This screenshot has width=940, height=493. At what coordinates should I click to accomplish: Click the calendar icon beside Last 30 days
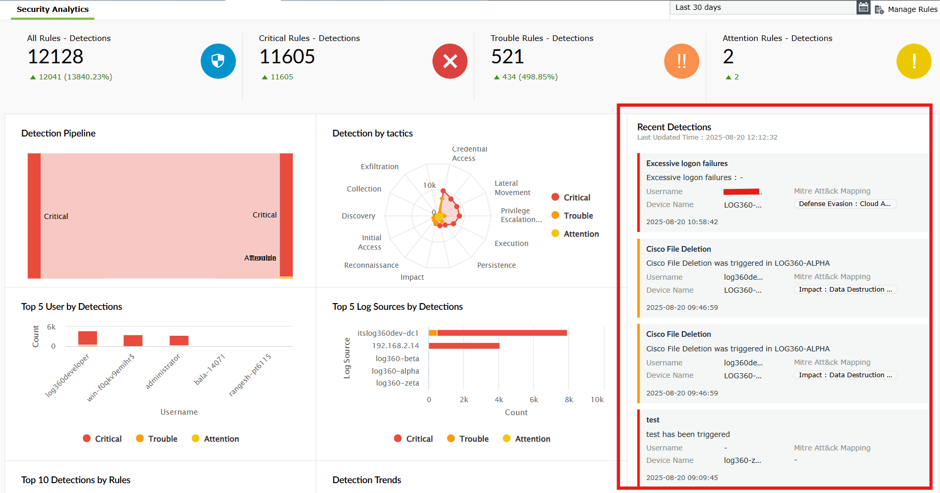863,7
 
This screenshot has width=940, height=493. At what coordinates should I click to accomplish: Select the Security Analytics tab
52,9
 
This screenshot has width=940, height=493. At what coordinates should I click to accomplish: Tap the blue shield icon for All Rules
218,61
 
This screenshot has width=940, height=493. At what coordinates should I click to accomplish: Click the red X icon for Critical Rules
450,61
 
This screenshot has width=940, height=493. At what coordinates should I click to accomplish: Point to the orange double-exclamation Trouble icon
682,61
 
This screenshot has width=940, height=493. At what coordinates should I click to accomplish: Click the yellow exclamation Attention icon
914,61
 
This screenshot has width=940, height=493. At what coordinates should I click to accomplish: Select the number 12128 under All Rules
55,57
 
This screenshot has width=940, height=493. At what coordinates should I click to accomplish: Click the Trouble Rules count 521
508,57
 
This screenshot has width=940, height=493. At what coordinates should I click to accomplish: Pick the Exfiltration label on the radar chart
380,167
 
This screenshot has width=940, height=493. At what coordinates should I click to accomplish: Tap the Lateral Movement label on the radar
512,188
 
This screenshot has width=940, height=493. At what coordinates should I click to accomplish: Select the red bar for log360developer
88,337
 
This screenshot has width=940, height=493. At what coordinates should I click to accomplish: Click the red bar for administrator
179,340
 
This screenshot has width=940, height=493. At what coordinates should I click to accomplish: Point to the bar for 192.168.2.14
464,346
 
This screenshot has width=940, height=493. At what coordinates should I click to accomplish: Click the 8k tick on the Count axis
569,400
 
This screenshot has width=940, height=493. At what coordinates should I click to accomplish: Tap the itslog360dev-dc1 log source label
388,333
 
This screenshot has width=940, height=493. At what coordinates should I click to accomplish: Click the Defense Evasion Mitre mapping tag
845,204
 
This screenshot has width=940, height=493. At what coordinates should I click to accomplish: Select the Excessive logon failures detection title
687,163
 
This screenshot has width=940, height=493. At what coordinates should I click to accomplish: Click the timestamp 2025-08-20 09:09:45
682,477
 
